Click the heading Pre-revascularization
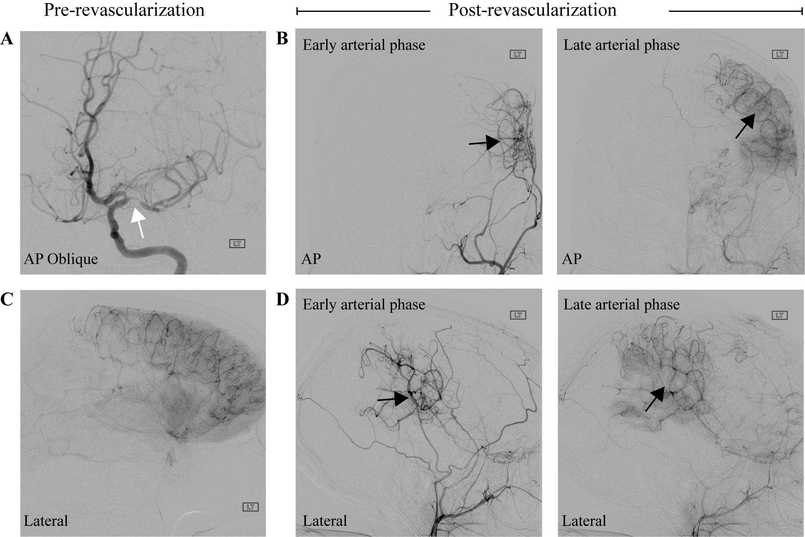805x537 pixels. pyautogui.click(x=124, y=10)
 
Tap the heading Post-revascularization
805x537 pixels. pyautogui.click(x=532, y=10)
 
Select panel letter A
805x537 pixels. pyautogui.click(x=7, y=39)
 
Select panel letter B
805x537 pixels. pyautogui.click(x=282, y=39)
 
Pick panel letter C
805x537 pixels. pyautogui.click(x=7, y=299)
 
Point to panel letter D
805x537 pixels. pyautogui.click(x=282, y=299)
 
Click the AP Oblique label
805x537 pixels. pyautogui.click(x=61, y=259)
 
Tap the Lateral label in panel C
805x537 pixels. pyautogui.click(x=46, y=521)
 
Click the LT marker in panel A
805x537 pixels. pyautogui.click(x=237, y=244)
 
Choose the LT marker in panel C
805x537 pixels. pyautogui.click(x=250, y=507)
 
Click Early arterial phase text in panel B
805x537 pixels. pyautogui.click(x=364, y=45)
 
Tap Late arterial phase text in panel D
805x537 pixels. pyautogui.click(x=621, y=305)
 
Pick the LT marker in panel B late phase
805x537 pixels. pyautogui.click(x=780, y=55)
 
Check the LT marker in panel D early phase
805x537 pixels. pyautogui.click(x=518, y=315)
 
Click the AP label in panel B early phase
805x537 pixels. pyautogui.click(x=311, y=259)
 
